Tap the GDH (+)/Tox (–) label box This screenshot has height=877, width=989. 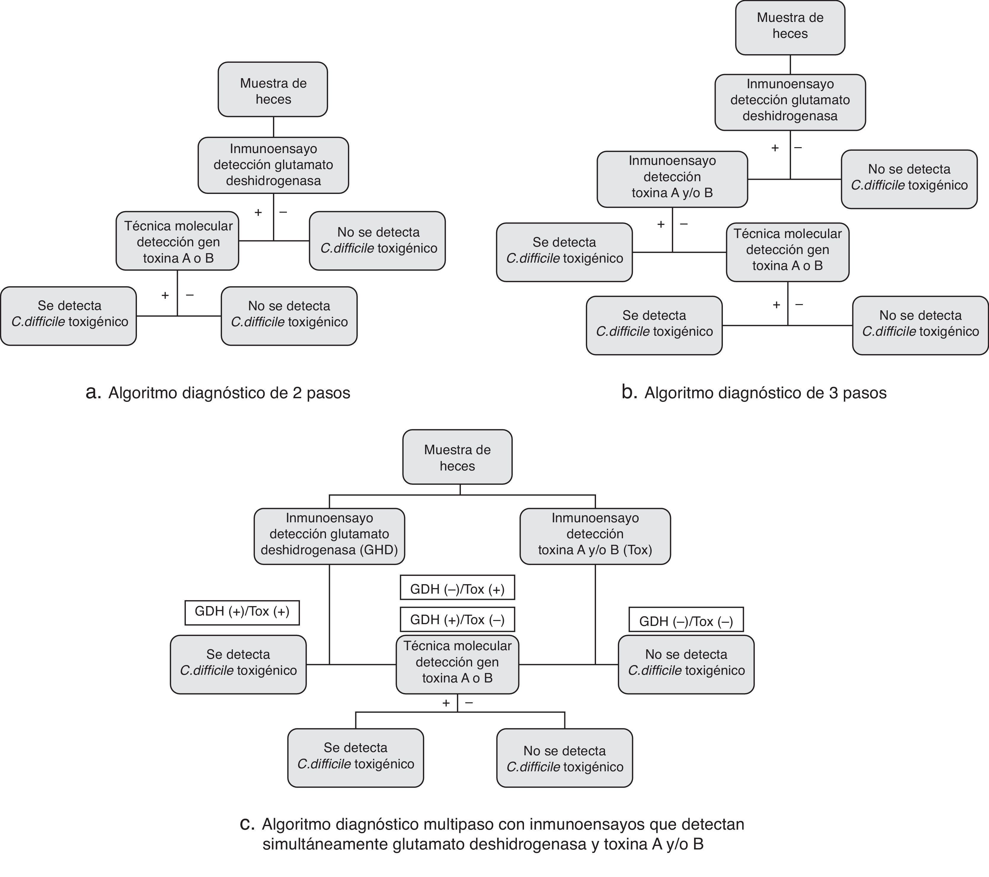tap(457, 619)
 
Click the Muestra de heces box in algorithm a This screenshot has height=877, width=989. tap(273, 89)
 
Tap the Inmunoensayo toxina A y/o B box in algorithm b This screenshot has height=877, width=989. tap(672, 179)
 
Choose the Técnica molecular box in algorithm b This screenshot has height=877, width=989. tap(787, 252)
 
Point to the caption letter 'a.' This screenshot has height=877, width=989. tap(93, 392)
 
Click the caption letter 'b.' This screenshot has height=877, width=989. tap(629, 392)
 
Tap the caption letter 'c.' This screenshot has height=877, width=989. tap(247, 823)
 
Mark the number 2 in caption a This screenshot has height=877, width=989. tap(297, 393)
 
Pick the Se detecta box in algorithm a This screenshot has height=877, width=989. tap(69, 316)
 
